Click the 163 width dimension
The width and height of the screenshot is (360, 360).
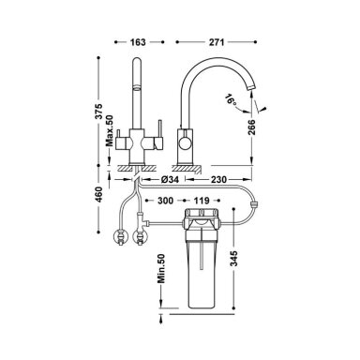coord(138,42)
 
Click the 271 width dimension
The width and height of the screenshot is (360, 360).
coord(217,42)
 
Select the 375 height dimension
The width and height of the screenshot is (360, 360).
coord(98,111)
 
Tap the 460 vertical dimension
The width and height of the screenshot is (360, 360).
coord(98,194)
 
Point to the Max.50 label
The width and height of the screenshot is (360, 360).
coord(109,130)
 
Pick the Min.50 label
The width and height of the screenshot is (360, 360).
coord(161,268)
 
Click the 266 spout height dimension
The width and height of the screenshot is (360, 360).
coord(252,127)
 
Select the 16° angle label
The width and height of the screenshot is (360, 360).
coord(231,99)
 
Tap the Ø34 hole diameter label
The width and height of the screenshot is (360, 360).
coord(170,179)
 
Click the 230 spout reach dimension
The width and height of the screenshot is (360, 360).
coord(218,179)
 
